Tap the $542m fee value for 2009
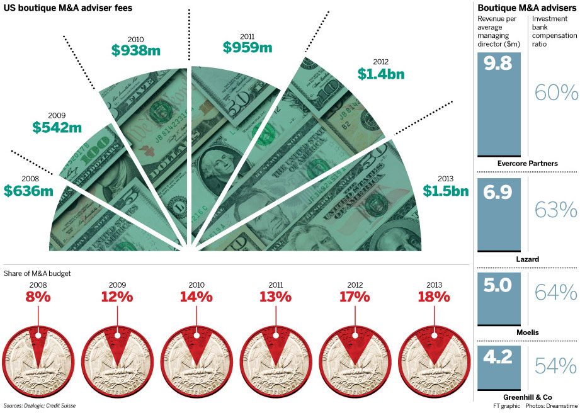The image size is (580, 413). click(57, 127)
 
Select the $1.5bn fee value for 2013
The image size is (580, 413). click(446, 191)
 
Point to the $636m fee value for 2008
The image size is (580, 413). click(28, 190)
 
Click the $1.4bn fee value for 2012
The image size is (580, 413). click(380, 74)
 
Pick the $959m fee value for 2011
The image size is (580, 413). click(247, 47)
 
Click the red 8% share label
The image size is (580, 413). click(38, 296)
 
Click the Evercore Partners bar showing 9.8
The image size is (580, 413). click(499, 104)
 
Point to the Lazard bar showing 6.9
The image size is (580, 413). click(499, 215)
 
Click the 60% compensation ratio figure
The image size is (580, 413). click(556, 93)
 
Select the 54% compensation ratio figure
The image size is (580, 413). click(556, 365)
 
